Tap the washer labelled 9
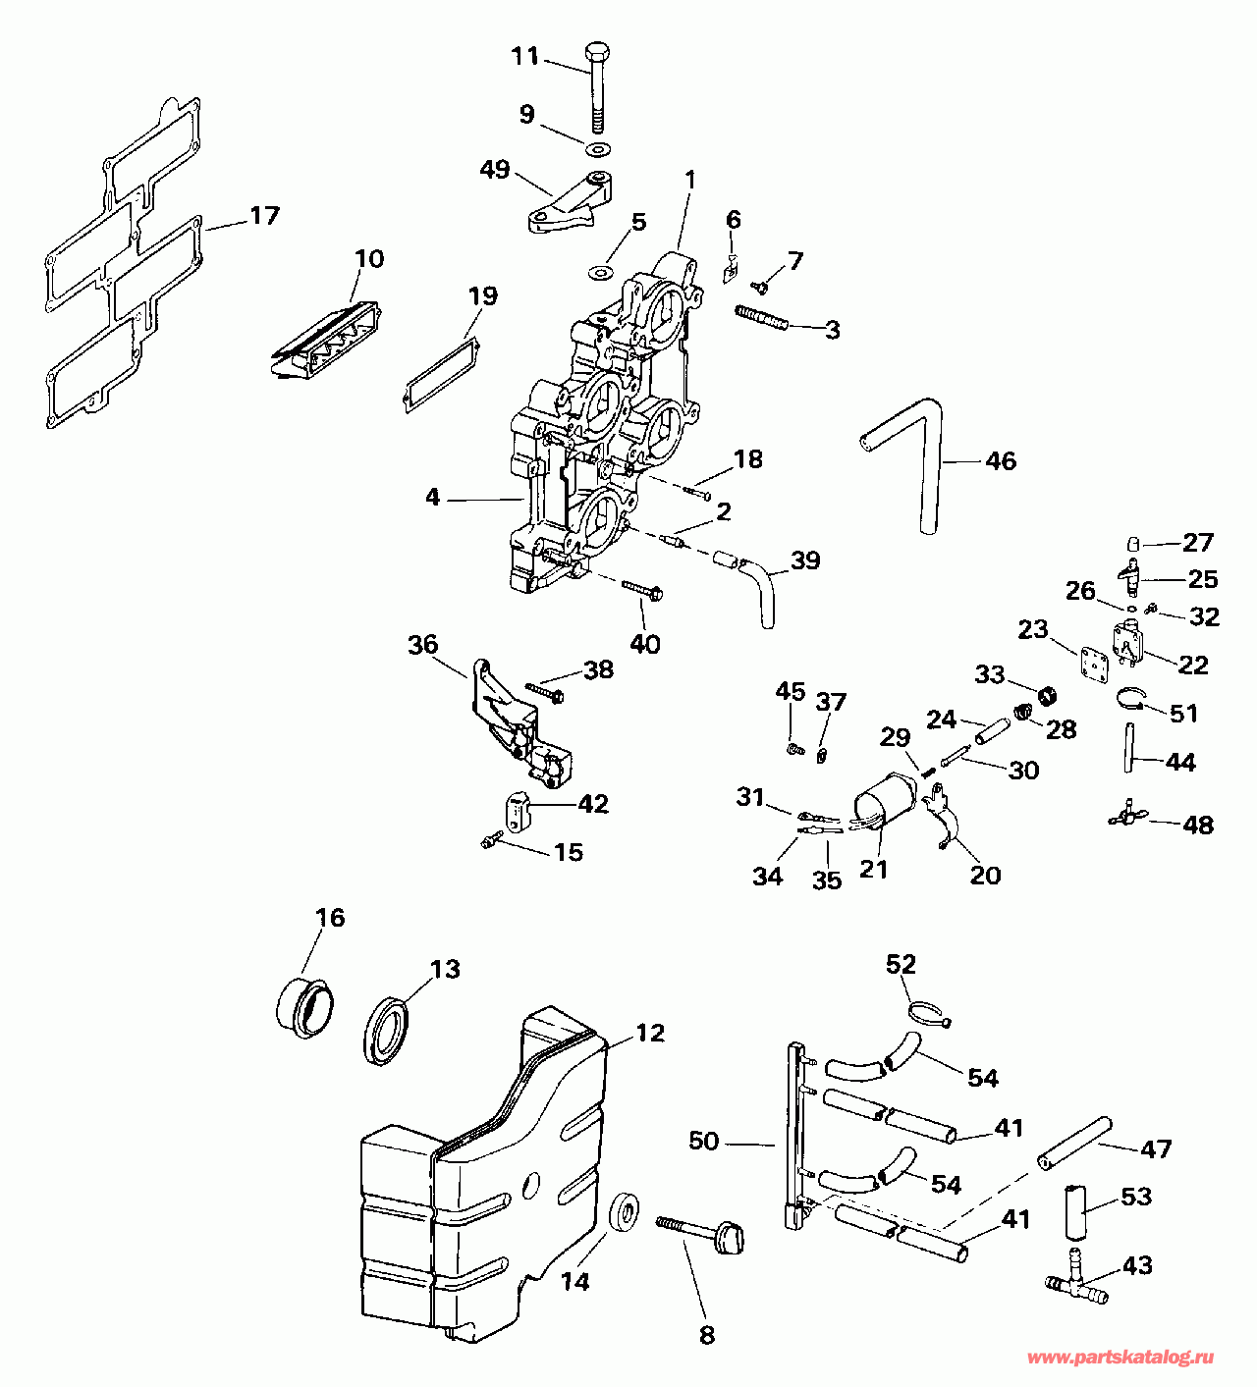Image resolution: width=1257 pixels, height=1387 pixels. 597,148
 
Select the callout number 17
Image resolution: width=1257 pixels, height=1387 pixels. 264,216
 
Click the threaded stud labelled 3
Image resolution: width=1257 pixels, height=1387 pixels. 761,319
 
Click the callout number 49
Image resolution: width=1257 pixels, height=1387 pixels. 495,170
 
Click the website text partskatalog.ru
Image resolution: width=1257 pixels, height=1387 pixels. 1120,1358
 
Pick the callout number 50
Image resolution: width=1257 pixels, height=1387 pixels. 704,1141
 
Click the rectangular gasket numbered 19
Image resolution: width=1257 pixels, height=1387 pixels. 440,374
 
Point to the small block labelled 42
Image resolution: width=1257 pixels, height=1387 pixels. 517,812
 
